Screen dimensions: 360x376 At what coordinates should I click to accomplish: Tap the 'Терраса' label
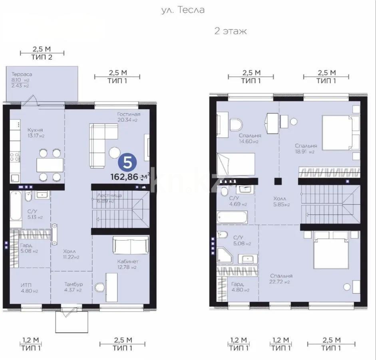tap(22, 74)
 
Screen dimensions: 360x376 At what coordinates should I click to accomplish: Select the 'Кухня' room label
tap(35, 130)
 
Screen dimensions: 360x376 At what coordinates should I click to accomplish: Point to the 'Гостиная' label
tap(129, 114)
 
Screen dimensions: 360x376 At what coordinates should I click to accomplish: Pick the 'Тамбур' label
tap(74, 284)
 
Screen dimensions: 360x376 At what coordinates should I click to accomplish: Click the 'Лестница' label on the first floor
tap(109, 195)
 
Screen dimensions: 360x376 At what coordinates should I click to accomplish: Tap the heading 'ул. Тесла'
tap(183, 10)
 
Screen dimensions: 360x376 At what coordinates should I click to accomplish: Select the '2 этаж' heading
tap(231, 31)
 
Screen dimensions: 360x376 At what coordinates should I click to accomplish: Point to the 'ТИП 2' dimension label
tap(42, 57)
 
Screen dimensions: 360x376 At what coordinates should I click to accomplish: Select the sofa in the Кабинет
tap(131, 244)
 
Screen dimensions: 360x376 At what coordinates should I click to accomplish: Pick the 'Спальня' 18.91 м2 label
tap(306, 146)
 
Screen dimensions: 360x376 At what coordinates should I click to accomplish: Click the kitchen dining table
tap(50, 165)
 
